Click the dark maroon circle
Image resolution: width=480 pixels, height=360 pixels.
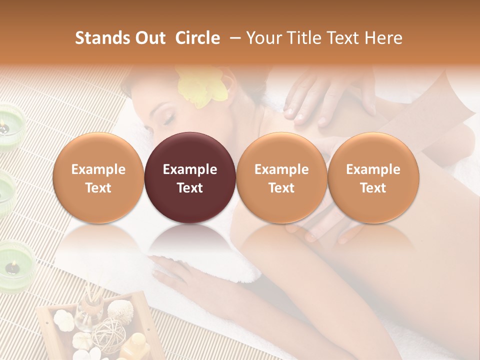(189, 177)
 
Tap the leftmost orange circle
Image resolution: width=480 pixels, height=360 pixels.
(98, 177)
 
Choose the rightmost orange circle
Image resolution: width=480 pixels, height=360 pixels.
(373, 177)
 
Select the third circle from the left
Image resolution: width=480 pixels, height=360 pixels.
(281, 177)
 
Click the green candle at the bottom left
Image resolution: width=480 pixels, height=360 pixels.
(15, 265)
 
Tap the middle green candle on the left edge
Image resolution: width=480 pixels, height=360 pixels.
(6, 192)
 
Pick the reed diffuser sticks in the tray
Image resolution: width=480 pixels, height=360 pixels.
(90, 295)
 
